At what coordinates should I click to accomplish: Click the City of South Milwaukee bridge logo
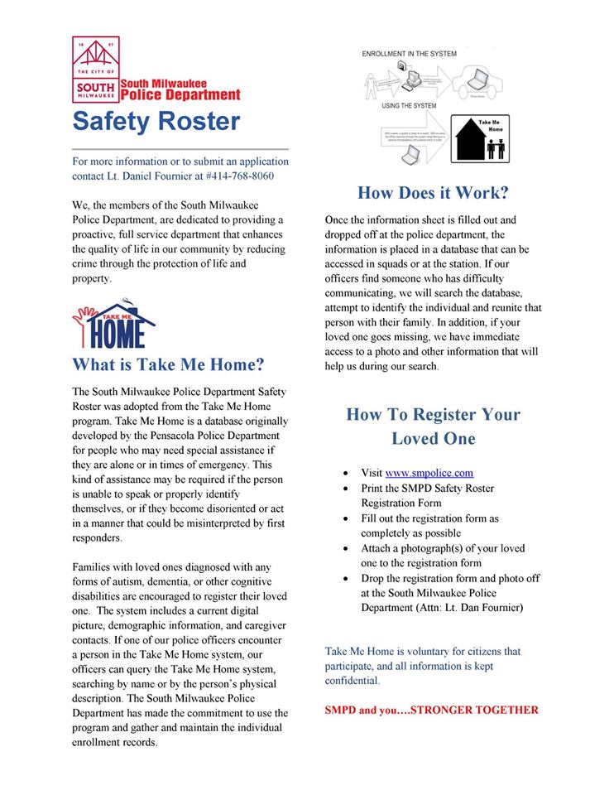96,70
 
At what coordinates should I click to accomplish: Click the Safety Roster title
156,121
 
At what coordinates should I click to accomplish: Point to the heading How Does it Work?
433,193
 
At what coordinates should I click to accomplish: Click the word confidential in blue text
353,681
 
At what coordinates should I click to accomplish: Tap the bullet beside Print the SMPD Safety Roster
345,489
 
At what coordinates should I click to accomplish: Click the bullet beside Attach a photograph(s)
345,548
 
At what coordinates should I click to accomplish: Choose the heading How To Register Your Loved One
433,426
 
